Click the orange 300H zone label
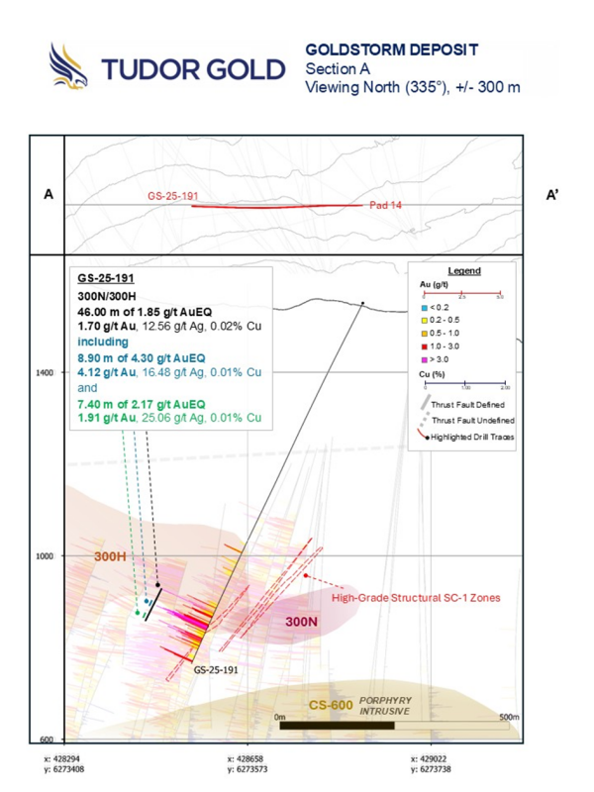[x=112, y=556]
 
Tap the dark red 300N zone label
[x=303, y=621]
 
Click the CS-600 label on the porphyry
[x=331, y=704]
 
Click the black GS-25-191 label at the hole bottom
[x=216, y=670]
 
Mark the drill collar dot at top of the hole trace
[x=362, y=303]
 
